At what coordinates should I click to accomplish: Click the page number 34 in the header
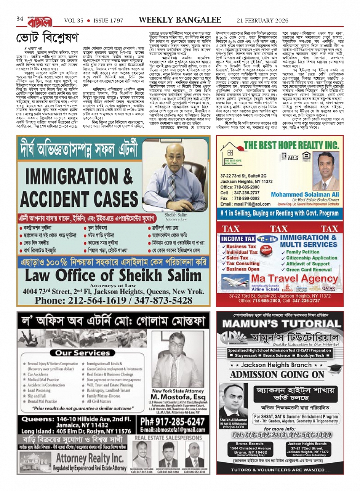[x=20, y=19]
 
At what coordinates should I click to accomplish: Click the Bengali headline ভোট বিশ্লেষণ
[x=47, y=38]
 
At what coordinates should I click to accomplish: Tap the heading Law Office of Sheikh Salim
[x=113, y=275]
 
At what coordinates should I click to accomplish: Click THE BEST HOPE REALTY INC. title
[x=291, y=145]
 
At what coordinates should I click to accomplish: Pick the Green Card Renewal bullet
[x=309, y=269]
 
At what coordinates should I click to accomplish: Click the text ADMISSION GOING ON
[x=277, y=374]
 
